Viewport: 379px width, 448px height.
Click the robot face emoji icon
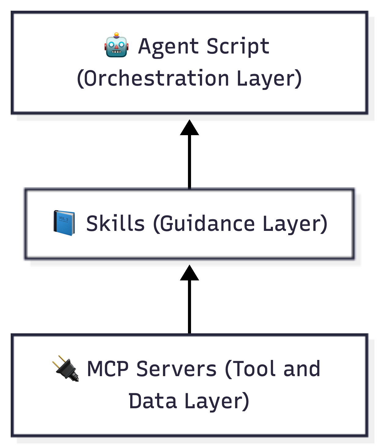point(116,45)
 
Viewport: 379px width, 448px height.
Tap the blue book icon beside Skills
point(64,223)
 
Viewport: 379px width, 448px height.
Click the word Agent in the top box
point(168,47)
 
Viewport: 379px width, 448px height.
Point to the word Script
point(238,47)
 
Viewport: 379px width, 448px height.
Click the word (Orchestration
point(153,79)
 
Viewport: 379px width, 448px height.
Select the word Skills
point(115,223)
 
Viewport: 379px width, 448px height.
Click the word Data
point(152,401)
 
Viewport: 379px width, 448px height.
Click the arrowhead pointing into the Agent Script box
point(189,128)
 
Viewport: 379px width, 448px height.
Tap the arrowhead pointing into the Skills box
point(189,273)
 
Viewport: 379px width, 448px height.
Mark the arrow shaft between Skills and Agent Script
point(189,162)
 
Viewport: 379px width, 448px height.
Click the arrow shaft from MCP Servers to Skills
point(189,307)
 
